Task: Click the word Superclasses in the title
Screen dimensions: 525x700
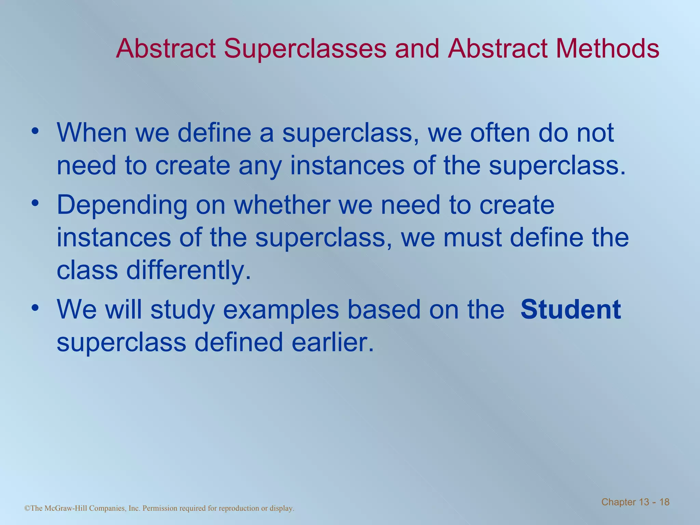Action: (x=305, y=49)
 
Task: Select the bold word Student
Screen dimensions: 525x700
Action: (x=570, y=309)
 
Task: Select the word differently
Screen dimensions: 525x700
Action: (x=188, y=271)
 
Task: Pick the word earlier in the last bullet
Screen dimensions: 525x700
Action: (x=333, y=342)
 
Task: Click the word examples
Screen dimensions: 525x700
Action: (x=281, y=310)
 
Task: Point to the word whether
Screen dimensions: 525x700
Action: (x=282, y=205)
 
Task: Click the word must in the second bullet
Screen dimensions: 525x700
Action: (x=472, y=238)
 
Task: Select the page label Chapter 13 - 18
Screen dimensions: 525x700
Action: (x=635, y=502)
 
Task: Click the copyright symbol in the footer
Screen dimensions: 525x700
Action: (x=27, y=508)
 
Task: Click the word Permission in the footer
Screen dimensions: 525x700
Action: (x=160, y=508)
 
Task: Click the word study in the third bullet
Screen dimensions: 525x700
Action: (x=183, y=310)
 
